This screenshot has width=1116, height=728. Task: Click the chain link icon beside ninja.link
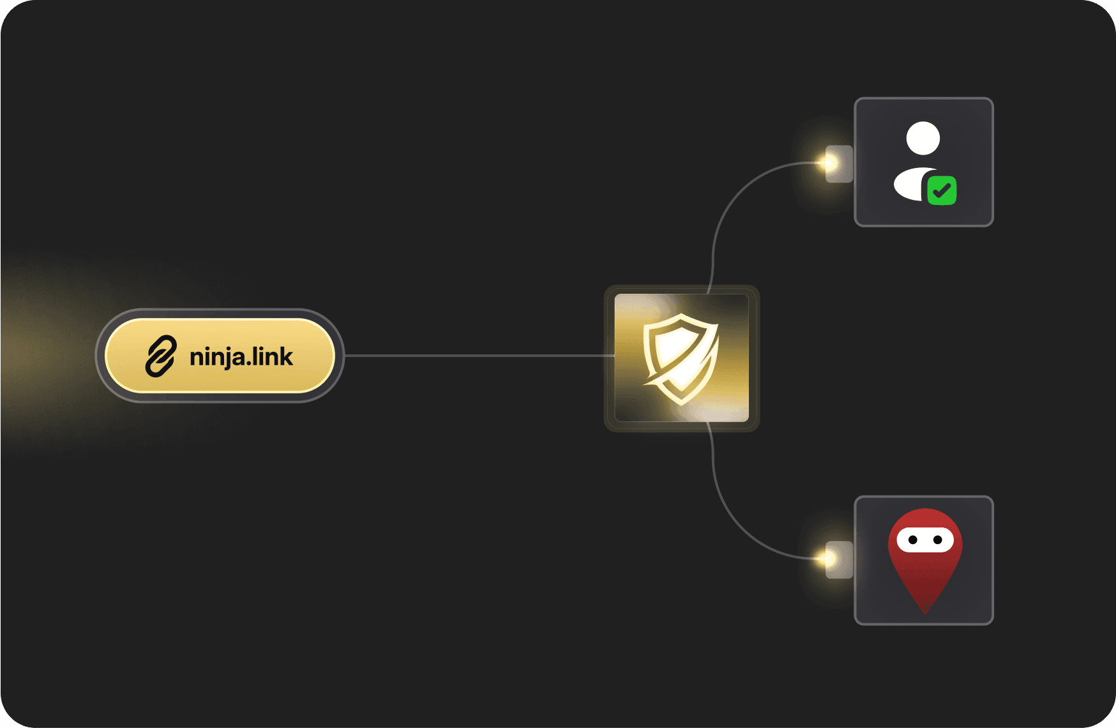[160, 356]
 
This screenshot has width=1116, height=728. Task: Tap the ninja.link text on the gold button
[241, 357]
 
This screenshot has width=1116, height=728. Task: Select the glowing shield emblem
[681, 358]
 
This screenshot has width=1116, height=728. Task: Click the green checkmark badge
[942, 190]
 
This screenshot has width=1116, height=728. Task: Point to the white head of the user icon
[923, 138]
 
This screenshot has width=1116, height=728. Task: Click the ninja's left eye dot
[913, 540]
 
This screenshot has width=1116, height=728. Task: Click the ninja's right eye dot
[938, 540]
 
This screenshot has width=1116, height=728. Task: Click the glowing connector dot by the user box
[829, 163]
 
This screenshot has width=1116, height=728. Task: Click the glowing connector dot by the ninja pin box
[829, 559]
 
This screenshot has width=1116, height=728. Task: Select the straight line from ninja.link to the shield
[479, 356]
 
